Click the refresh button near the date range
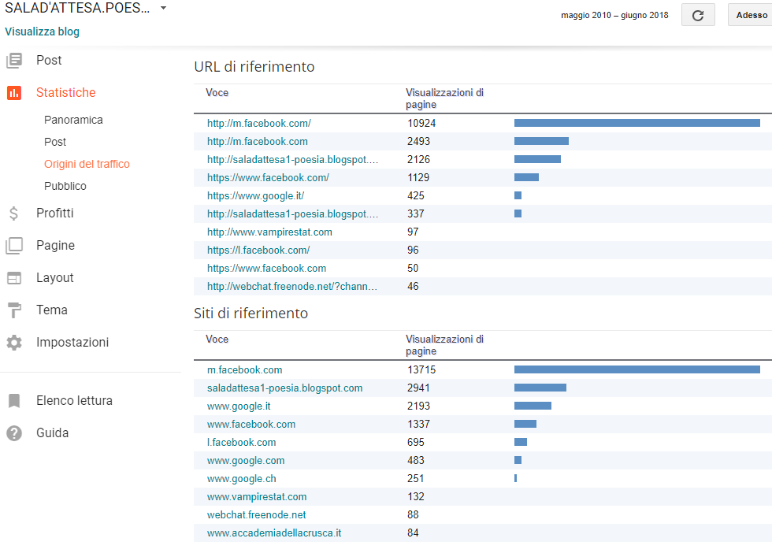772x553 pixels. pos(698,15)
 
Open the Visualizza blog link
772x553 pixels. pos(42,32)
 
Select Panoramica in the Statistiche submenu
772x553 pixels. pos(73,120)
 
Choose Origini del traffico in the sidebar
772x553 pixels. pos(87,164)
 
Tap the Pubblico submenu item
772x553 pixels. pos(65,186)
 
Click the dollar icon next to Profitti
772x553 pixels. pos(14,213)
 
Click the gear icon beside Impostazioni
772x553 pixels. pos(14,343)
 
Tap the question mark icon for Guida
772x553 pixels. pos(14,433)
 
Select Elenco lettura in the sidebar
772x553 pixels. pos(74,400)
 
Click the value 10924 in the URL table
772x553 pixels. pos(421,124)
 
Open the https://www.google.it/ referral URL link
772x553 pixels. pos(255,196)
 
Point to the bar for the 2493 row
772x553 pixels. pos(541,142)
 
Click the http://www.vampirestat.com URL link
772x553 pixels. pos(269,232)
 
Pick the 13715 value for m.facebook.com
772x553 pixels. pos(421,370)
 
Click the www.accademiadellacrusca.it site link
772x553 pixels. pos(274,533)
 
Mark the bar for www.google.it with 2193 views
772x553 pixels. pos(533,406)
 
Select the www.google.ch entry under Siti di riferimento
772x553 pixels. pos(241,479)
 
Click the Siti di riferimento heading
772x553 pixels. pos(251,314)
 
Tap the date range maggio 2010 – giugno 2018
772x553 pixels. pos(614,15)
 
